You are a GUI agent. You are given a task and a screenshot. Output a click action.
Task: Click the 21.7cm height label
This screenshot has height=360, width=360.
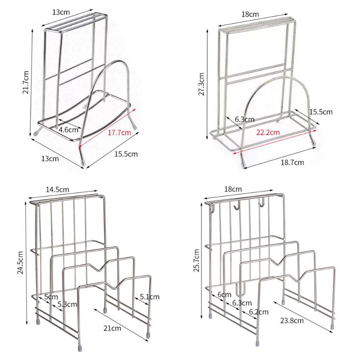26,82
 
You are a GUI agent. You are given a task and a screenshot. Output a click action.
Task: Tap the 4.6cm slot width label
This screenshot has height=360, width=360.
68,130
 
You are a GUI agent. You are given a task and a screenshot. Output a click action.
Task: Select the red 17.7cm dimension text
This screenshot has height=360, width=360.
120,132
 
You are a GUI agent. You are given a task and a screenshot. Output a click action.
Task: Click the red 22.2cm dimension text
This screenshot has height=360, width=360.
268,132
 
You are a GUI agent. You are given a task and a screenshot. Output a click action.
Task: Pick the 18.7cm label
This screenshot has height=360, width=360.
292,163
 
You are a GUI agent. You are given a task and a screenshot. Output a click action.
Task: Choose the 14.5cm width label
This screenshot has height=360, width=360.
57,190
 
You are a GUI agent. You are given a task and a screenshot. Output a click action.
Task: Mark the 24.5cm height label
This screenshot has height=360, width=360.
20,263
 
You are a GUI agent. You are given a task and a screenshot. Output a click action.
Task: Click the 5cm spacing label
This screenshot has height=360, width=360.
51,297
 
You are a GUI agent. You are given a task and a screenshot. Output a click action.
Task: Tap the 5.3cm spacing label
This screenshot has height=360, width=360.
67,305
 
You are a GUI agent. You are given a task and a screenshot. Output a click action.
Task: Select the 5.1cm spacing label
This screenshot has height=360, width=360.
149,297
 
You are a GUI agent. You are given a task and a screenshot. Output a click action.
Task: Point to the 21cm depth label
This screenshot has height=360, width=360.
112,328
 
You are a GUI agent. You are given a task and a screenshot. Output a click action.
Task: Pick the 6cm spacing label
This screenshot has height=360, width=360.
224,294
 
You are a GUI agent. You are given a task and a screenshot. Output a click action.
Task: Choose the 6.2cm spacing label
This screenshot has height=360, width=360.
258,312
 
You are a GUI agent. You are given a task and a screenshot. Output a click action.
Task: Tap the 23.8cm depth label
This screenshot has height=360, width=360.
292,320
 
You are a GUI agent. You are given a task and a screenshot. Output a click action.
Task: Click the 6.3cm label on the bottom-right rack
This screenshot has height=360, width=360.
242,303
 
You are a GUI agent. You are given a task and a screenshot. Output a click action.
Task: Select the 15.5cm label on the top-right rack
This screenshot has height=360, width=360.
321,112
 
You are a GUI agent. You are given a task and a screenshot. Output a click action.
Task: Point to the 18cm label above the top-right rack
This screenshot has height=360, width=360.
250,14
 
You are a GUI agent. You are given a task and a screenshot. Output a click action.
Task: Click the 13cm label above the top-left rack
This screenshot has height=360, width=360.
61,12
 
